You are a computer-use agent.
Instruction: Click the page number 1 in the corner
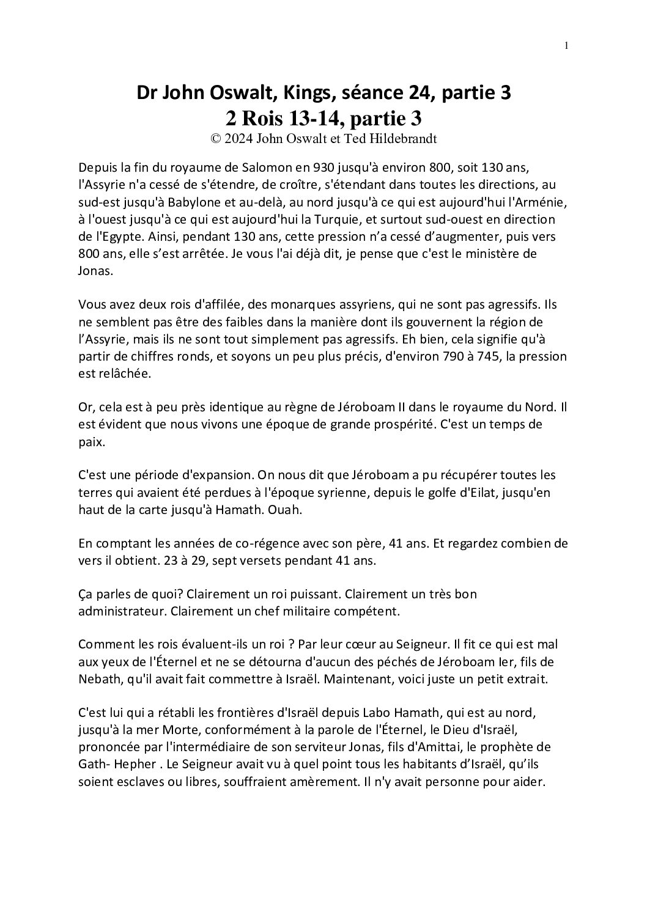tap(567, 45)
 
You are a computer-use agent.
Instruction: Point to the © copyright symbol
tap(215, 138)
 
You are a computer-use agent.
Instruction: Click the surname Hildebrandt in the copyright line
tap(401, 138)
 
